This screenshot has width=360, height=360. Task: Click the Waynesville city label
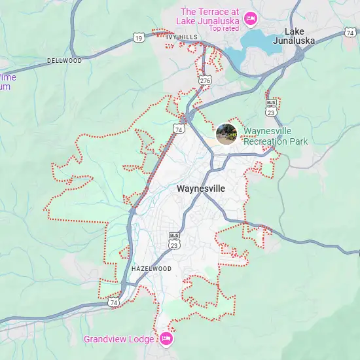point(201,189)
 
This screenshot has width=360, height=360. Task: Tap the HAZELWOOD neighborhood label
point(151,269)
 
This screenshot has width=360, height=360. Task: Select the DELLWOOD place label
point(64,61)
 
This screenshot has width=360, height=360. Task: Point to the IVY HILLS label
point(181,37)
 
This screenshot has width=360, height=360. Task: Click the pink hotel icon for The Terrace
point(249,20)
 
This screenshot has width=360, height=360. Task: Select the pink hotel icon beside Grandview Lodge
point(166,338)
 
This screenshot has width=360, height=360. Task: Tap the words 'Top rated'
point(223,28)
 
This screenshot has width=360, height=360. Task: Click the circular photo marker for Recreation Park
point(226,134)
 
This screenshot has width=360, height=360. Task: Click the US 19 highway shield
point(139,39)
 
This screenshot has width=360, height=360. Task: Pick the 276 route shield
point(206,80)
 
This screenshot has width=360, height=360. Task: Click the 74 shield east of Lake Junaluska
point(350,32)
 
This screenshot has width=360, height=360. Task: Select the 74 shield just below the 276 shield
point(179,130)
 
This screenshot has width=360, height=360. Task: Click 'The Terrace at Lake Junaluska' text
point(209,16)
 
